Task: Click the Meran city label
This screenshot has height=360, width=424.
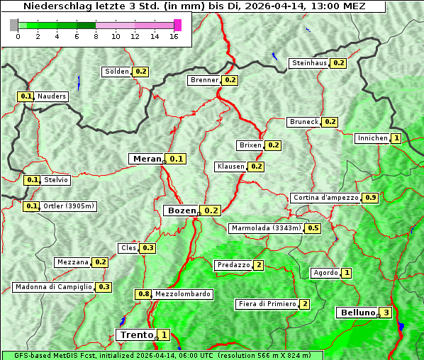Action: point(147,159)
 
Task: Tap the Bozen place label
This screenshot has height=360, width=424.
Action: point(181,210)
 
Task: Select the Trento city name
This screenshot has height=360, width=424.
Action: point(136,334)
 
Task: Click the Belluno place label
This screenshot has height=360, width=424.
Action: point(356,313)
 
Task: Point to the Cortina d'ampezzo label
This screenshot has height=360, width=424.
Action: point(325,198)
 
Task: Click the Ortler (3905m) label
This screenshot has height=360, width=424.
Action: point(68,206)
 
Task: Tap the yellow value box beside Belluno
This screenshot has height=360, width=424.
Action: point(386,313)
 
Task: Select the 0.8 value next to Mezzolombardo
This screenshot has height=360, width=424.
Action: point(143,294)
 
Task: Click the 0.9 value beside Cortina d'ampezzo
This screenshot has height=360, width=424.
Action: point(370,198)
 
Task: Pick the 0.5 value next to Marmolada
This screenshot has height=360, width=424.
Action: point(313,228)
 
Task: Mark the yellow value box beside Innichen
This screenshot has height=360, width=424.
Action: point(396,138)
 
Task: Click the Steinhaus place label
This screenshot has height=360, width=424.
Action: point(310,63)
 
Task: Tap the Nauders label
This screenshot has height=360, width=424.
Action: point(51,96)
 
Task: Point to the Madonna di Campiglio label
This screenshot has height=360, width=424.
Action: point(53,287)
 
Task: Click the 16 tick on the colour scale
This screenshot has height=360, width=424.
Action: point(174,37)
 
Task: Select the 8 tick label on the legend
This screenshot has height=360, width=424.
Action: point(96,37)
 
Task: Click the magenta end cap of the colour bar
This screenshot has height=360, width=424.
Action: point(177,26)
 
